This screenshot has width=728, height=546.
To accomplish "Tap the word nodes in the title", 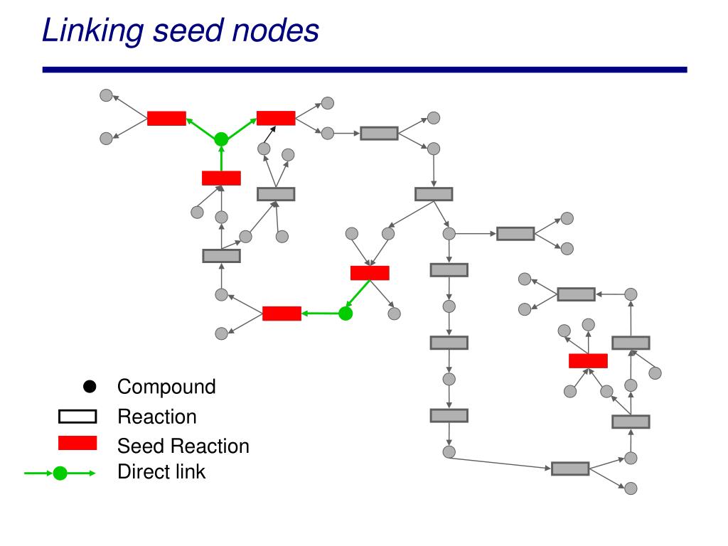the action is pos(275,31).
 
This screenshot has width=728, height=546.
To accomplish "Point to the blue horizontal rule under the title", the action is pos(365,70).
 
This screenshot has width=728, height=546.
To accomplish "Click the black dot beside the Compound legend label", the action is pos(90,386).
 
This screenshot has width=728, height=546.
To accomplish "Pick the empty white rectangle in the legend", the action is pos(77,417).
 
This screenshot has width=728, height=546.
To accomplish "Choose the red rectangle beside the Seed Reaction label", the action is pos(77,443).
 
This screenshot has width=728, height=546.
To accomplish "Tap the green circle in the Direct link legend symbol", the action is pos(60,473).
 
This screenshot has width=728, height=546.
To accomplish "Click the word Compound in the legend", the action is pos(166,387).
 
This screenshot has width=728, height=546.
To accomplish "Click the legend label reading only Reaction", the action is pos(157,417).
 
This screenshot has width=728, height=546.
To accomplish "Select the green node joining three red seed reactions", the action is pos(222,139).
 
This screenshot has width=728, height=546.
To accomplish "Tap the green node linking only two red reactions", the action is pos(346,314).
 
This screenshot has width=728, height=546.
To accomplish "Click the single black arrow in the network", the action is pos(269,134).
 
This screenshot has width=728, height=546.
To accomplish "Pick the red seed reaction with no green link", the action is pos(588,360).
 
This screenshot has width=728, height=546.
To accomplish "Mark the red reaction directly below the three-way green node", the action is pos(222,178).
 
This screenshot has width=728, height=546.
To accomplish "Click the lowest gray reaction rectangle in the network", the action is pos(570,469).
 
